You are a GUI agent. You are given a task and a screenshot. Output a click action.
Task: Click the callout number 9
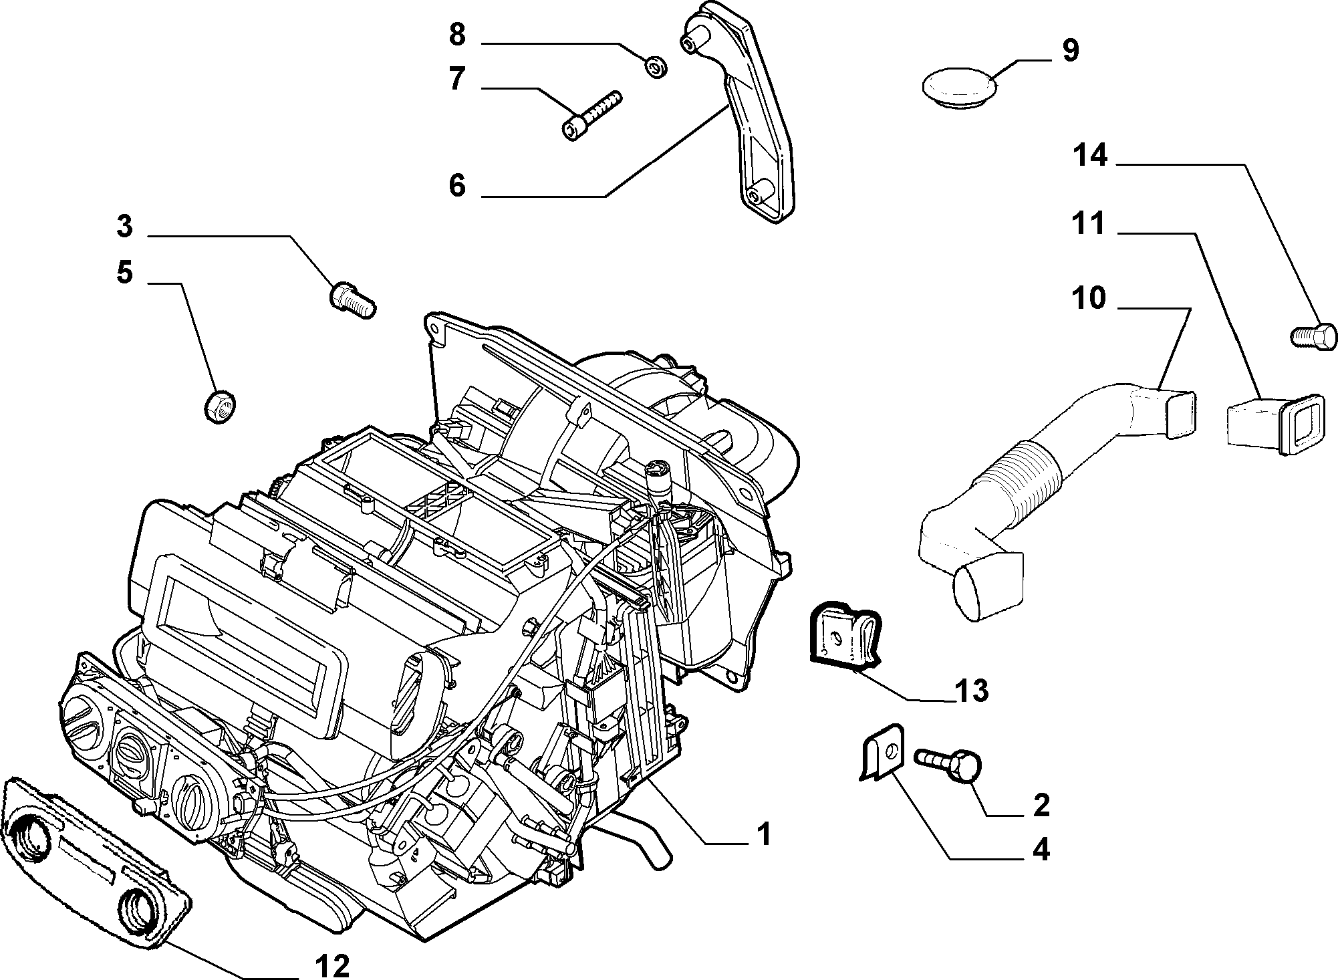[1071, 50]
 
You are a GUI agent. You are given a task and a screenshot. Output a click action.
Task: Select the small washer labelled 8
[655, 66]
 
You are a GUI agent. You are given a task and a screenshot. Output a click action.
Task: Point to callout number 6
[457, 185]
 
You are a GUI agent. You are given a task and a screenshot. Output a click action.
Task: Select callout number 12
[331, 965]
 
